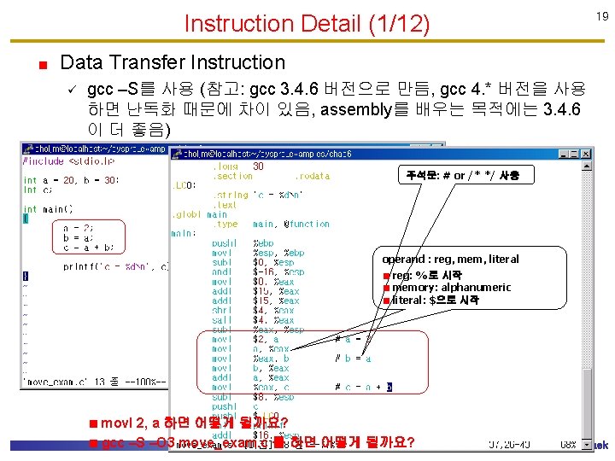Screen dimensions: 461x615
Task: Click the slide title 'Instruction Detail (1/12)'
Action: coord(307,23)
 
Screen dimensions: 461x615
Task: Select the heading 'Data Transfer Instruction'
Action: coord(173,62)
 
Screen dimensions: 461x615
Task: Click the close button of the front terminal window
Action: coord(586,155)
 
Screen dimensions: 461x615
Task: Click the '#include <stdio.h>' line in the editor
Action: coord(68,160)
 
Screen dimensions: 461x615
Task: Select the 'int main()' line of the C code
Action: coord(48,208)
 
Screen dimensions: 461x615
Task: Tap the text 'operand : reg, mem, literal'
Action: coord(450,259)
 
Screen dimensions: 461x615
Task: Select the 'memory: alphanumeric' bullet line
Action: coord(452,288)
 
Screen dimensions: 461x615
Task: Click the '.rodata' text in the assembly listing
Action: coord(312,176)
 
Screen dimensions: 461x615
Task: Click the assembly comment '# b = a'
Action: coord(353,359)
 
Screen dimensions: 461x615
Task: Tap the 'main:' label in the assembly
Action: coord(184,233)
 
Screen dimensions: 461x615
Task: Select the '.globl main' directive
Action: coord(200,214)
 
